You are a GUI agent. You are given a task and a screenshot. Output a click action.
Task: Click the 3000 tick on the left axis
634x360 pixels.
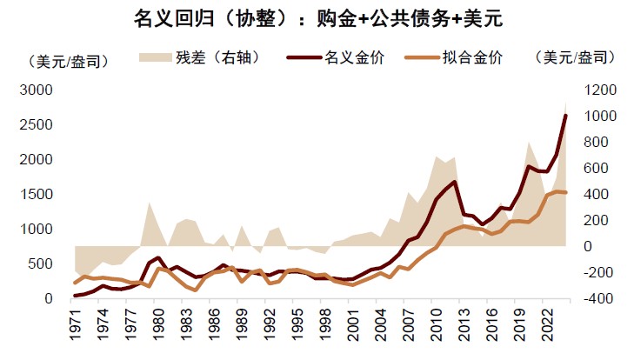37,90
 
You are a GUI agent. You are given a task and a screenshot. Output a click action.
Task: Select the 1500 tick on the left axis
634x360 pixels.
37,194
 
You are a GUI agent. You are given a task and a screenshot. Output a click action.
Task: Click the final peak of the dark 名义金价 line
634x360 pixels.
565,115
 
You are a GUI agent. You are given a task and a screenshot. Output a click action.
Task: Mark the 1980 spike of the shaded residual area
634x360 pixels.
150,203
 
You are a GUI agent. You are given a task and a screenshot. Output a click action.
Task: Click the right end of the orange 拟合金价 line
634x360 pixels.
566,192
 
